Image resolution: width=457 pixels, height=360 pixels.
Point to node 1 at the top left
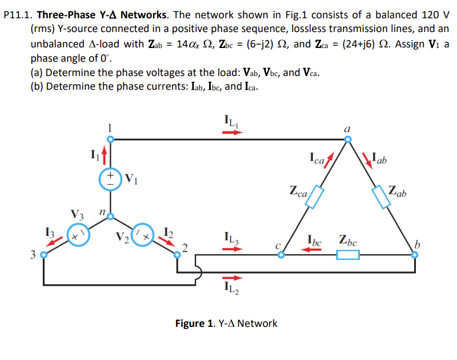tap(111, 139)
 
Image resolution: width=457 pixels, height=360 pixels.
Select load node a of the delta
tap(348, 139)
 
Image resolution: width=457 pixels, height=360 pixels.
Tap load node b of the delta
tap(415, 256)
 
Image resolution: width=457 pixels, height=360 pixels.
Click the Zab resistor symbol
tap(380, 196)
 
